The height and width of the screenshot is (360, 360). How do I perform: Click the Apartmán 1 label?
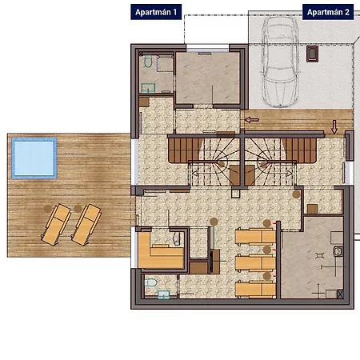pos(156,12)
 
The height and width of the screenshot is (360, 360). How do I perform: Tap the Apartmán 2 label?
pos(328,12)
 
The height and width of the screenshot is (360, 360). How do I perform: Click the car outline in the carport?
pos(280,62)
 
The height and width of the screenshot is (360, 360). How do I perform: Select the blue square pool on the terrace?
pos(34,158)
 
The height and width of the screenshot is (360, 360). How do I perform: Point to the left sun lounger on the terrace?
pos(56,225)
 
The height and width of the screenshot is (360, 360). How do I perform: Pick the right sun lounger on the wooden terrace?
pos(86,225)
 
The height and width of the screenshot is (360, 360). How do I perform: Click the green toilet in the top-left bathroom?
pos(148,61)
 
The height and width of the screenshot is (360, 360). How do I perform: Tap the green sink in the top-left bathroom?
pos(148,88)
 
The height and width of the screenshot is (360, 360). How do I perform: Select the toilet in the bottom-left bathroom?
pos(150,282)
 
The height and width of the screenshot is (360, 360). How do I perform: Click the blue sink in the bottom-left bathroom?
pos(164,294)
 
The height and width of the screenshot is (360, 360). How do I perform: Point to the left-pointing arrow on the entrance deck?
pos(251,120)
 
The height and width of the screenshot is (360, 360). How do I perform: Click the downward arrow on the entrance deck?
pos(334,127)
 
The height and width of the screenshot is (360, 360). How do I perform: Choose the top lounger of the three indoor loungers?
pos(255,236)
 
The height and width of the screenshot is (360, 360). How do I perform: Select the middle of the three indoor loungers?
pos(255,263)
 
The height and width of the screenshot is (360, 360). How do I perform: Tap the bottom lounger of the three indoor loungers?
pos(255,289)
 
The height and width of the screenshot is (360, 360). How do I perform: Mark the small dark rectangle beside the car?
pos(312,54)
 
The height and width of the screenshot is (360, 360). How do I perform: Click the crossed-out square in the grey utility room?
pos(340,294)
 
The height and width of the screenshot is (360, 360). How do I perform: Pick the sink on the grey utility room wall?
pos(338,251)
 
